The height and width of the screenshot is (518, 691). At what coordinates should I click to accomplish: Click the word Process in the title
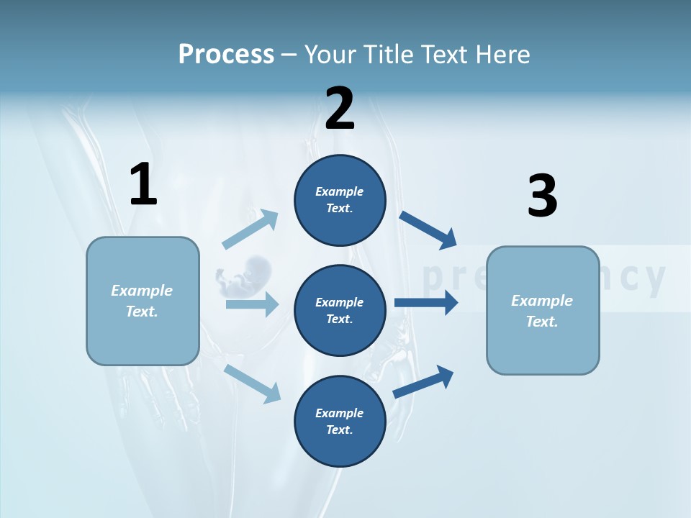(226, 55)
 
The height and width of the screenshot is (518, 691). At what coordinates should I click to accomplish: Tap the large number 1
(143, 184)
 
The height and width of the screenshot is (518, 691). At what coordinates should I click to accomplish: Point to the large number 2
(340, 109)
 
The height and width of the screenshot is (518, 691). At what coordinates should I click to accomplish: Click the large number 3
(542, 196)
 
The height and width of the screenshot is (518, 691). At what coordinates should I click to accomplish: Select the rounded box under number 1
(143, 301)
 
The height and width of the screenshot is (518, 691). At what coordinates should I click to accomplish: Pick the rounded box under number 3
(543, 310)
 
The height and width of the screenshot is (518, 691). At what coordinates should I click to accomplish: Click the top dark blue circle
(340, 200)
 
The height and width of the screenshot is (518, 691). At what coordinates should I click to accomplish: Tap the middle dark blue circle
(340, 310)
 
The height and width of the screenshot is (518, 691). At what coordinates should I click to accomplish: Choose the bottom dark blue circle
(340, 421)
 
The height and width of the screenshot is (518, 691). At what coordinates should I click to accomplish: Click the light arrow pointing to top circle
(250, 230)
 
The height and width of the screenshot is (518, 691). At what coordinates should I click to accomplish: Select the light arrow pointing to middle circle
(252, 304)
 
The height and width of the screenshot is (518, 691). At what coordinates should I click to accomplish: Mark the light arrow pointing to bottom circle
(253, 383)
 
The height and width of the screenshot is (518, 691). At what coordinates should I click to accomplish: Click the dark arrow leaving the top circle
(428, 230)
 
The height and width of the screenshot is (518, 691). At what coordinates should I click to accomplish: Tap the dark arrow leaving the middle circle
(426, 303)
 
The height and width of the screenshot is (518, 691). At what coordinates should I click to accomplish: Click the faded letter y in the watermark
(654, 279)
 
